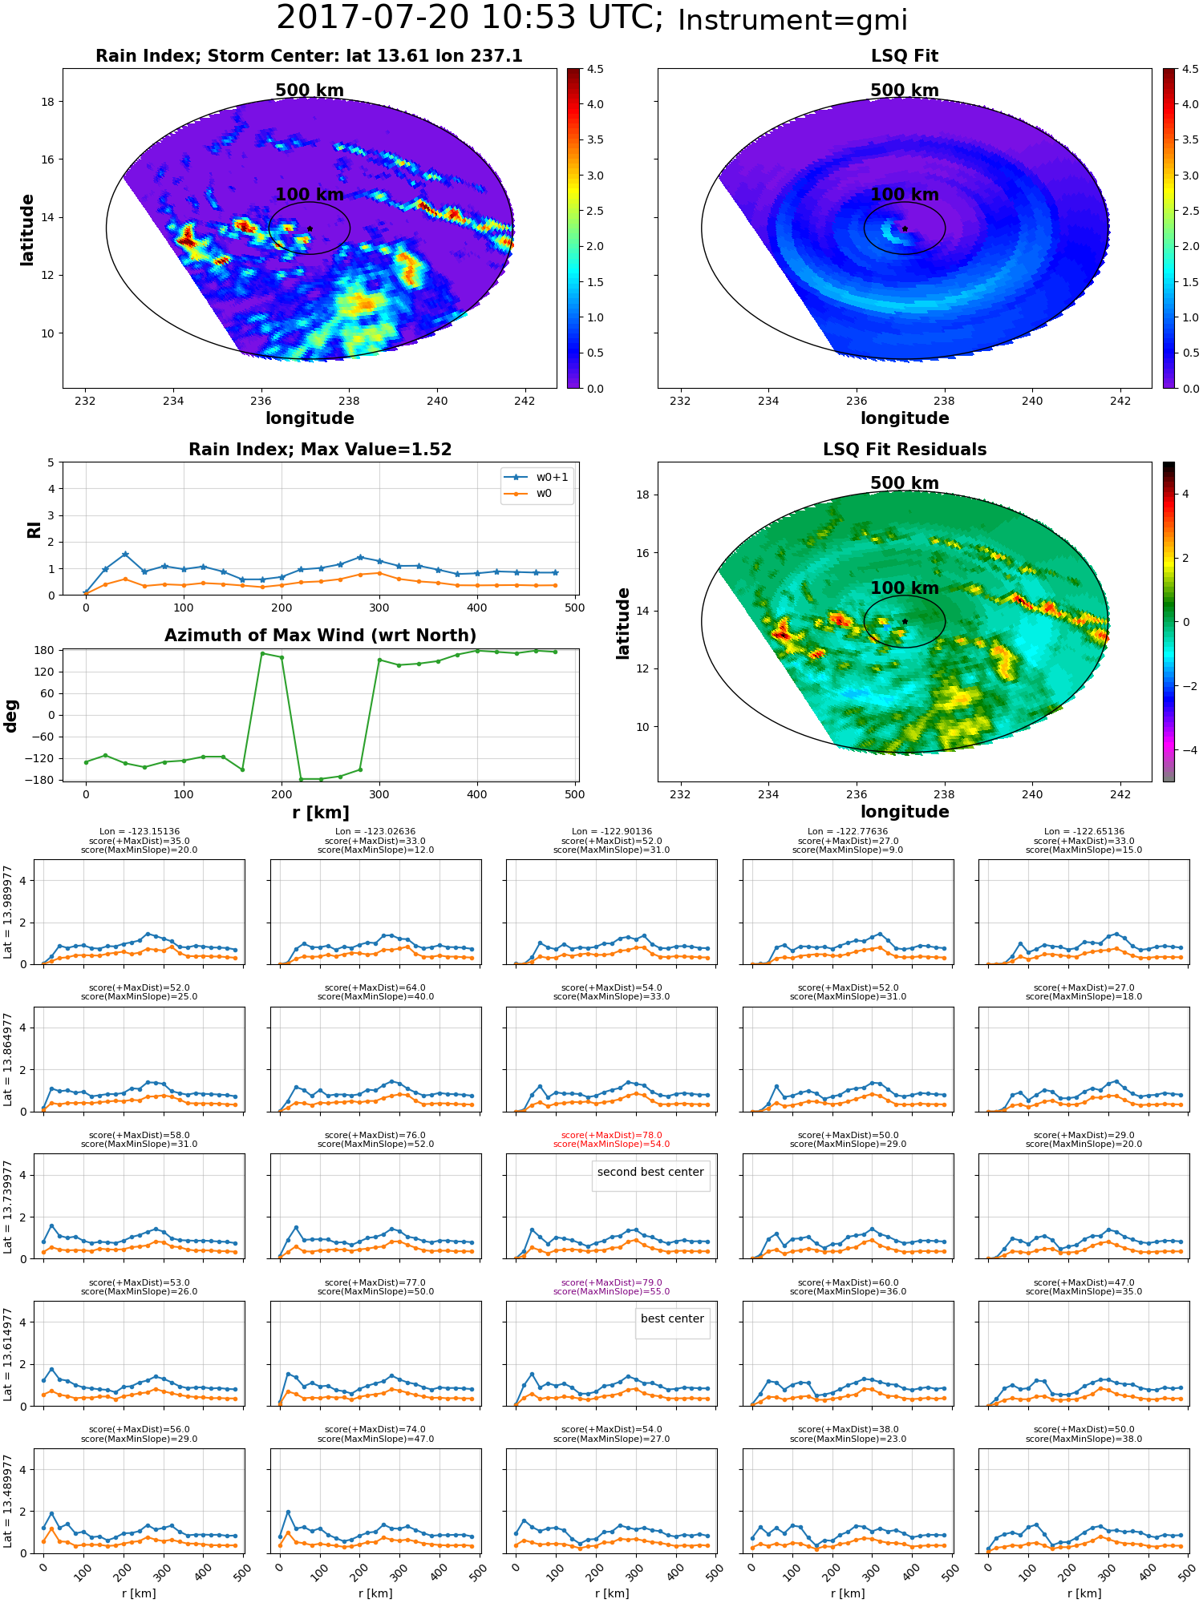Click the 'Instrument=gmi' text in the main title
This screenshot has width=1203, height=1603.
(x=792, y=21)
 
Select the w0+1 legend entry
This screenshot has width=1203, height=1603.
(x=537, y=477)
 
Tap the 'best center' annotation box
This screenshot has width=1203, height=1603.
(x=672, y=1318)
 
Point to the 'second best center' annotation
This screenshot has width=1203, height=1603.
(x=650, y=1172)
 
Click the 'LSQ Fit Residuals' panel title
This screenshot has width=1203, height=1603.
(x=905, y=450)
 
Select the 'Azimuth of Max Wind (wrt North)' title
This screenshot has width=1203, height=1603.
(x=320, y=636)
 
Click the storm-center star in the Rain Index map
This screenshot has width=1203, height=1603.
(x=310, y=228)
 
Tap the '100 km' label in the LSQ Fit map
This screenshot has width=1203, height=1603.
(x=905, y=195)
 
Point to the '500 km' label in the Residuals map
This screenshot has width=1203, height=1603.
(x=905, y=483)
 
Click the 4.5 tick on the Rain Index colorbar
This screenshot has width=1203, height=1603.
(x=595, y=69)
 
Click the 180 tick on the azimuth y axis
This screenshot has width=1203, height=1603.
(x=44, y=650)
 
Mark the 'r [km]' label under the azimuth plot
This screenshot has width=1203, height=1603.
(x=320, y=813)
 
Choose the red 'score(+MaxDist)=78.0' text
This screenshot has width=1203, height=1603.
(x=611, y=1136)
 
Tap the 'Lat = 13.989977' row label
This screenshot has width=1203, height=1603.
(x=8, y=912)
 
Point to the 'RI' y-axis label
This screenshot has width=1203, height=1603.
(x=34, y=529)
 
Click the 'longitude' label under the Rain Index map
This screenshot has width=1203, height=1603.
(x=310, y=418)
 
